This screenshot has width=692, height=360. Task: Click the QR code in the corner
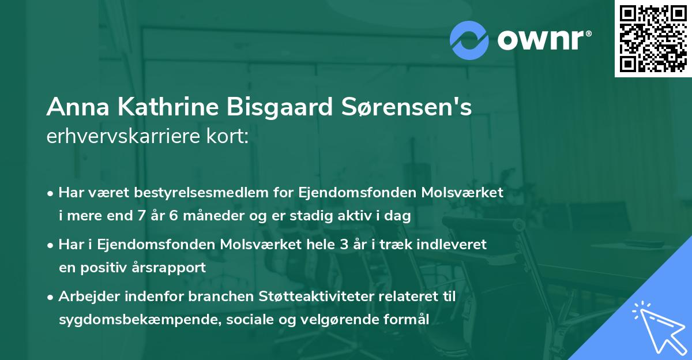tap(653, 38)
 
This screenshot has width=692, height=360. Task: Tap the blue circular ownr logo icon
tap(469, 40)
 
